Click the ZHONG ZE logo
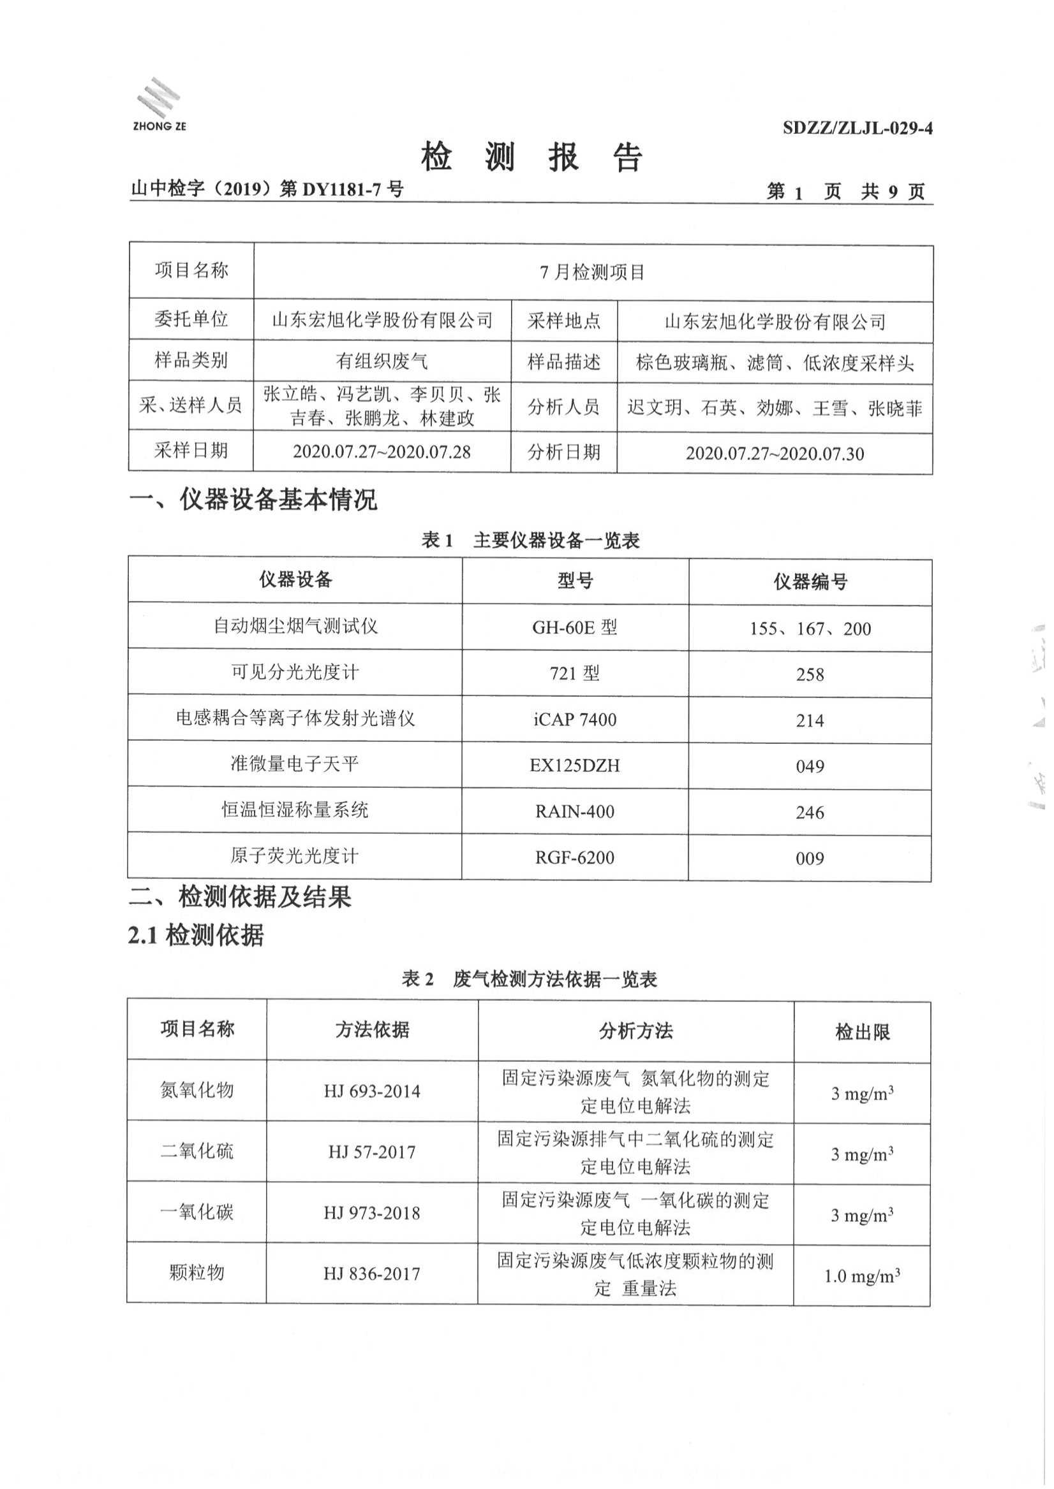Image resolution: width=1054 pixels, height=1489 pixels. coord(158,105)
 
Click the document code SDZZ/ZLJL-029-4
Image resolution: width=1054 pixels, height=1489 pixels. coord(857,128)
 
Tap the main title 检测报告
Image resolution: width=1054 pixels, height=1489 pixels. coord(531,157)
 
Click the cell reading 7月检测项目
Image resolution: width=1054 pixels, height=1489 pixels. coord(592,272)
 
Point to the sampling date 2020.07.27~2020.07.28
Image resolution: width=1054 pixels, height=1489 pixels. coord(382,452)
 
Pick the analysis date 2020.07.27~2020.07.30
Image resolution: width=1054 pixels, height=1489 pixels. coord(775,453)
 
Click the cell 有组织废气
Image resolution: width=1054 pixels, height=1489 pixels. coord(382,361)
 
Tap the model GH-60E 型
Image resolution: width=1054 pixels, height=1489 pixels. coord(574,628)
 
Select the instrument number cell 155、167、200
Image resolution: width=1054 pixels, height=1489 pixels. coord(810,628)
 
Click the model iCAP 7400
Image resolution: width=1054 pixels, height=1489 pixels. coord(574,719)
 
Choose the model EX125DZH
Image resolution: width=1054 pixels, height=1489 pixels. coord(574,766)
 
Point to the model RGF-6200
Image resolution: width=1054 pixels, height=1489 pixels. coord(574,857)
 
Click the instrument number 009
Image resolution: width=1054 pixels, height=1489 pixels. coord(810,859)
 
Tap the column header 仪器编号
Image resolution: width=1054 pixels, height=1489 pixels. coord(810,582)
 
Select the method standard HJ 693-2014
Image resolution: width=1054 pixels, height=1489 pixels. coord(372,1091)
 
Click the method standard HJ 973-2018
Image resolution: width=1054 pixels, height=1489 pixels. coord(372,1213)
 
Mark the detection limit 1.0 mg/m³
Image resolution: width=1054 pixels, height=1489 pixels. coord(861,1276)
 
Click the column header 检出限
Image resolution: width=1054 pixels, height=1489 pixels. coord(862,1032)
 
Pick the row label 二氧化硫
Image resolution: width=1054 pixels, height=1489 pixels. coord(197,1152)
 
